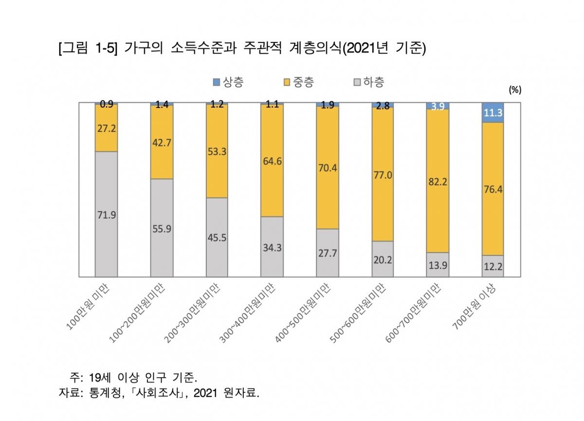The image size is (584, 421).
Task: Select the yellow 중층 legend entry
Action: pos(298,82)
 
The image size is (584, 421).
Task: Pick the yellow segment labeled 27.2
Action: pos(106,128)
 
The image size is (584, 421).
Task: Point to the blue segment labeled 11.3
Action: pos(493,112)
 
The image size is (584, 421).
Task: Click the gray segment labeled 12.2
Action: pos(493,266)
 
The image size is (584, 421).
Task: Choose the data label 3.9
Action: pos(437,107)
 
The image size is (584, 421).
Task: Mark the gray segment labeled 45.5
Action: pos(217,238)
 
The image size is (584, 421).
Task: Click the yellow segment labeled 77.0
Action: pos(382,174)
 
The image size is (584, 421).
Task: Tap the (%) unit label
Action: pos(514,90)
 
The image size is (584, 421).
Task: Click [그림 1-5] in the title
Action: pos(88,50)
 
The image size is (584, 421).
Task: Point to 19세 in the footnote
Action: pos(101,377)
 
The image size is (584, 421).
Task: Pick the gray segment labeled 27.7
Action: pos(327,253)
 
